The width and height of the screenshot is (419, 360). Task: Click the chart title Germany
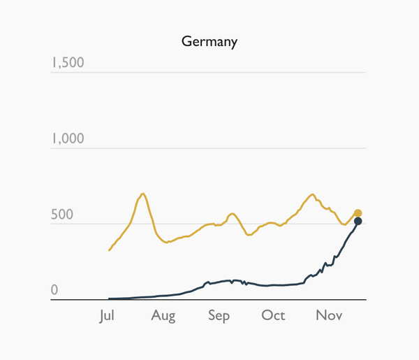point(209,41)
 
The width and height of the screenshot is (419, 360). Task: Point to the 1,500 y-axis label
point(67,63)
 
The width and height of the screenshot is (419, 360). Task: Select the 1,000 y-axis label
point(67,138)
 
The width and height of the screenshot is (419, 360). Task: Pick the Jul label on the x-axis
point(107,316)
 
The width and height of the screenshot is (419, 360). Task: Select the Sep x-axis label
point(218,316)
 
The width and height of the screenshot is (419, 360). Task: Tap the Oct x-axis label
point(273,316)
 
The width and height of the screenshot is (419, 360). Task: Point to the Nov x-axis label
point(328,316)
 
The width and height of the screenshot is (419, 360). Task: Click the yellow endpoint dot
point(357,214)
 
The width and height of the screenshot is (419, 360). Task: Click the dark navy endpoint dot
point(358,222)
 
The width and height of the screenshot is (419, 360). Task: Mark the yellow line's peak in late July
point(142,194)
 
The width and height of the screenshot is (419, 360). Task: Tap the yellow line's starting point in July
point(109,250)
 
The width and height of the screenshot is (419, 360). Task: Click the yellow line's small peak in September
point(232,213)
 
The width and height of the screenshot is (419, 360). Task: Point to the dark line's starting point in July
point(109,298)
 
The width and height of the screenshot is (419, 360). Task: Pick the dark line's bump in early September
point(207,282)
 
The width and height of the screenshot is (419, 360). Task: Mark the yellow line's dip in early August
point(167,242)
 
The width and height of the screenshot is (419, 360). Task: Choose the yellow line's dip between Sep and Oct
point(249,235)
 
